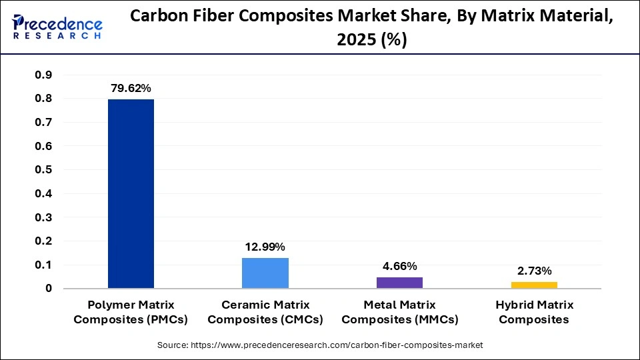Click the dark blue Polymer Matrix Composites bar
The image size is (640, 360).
click(131, 193)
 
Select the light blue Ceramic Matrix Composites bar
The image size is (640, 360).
click(265, 273)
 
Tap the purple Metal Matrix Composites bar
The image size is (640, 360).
click(399, 283)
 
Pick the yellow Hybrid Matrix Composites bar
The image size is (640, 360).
click(534, 285)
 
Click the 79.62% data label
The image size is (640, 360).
click(131, 88)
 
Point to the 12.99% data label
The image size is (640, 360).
click(265, 247)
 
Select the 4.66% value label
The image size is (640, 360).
click(399, 266)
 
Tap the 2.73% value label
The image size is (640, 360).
click(534, 271)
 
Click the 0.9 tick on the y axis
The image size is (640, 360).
click(43, 75)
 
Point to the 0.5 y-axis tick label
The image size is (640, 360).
click(43, 170)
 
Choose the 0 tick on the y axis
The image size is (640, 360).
click(49, 289)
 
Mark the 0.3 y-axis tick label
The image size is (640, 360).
click(43, 217)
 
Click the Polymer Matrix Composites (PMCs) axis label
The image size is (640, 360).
click(131, 312)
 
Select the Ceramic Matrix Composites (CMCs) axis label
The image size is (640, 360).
click(265, 312)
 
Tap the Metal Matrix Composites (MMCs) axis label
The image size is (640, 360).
click(399, 312)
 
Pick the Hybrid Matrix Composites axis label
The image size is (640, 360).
click(534, 312)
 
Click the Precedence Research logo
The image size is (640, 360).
click(57, 27)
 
